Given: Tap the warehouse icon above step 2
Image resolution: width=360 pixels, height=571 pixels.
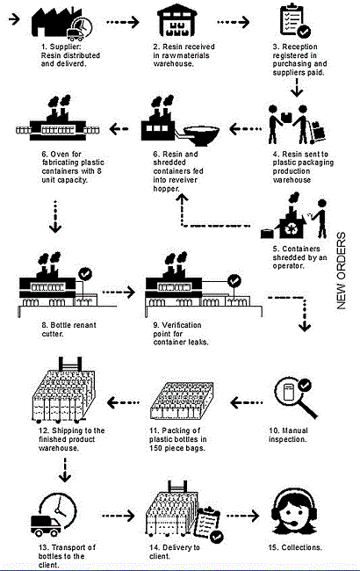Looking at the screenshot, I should (179, 22).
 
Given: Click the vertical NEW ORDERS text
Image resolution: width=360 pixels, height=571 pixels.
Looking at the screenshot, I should (343, 272).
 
